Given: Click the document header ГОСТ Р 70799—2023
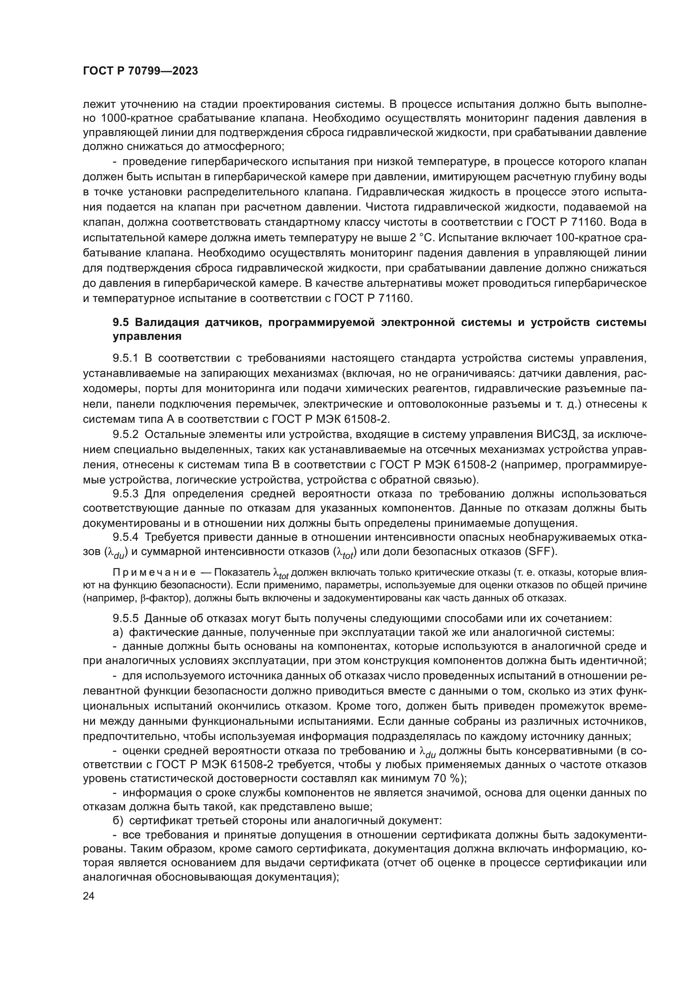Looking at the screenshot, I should pos(140,71).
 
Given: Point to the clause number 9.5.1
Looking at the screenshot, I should pos(125,358).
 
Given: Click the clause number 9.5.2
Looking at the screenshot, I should pos(125,434).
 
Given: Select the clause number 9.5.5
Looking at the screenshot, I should pos(125,618).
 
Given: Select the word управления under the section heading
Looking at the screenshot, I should pos(147,337).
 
